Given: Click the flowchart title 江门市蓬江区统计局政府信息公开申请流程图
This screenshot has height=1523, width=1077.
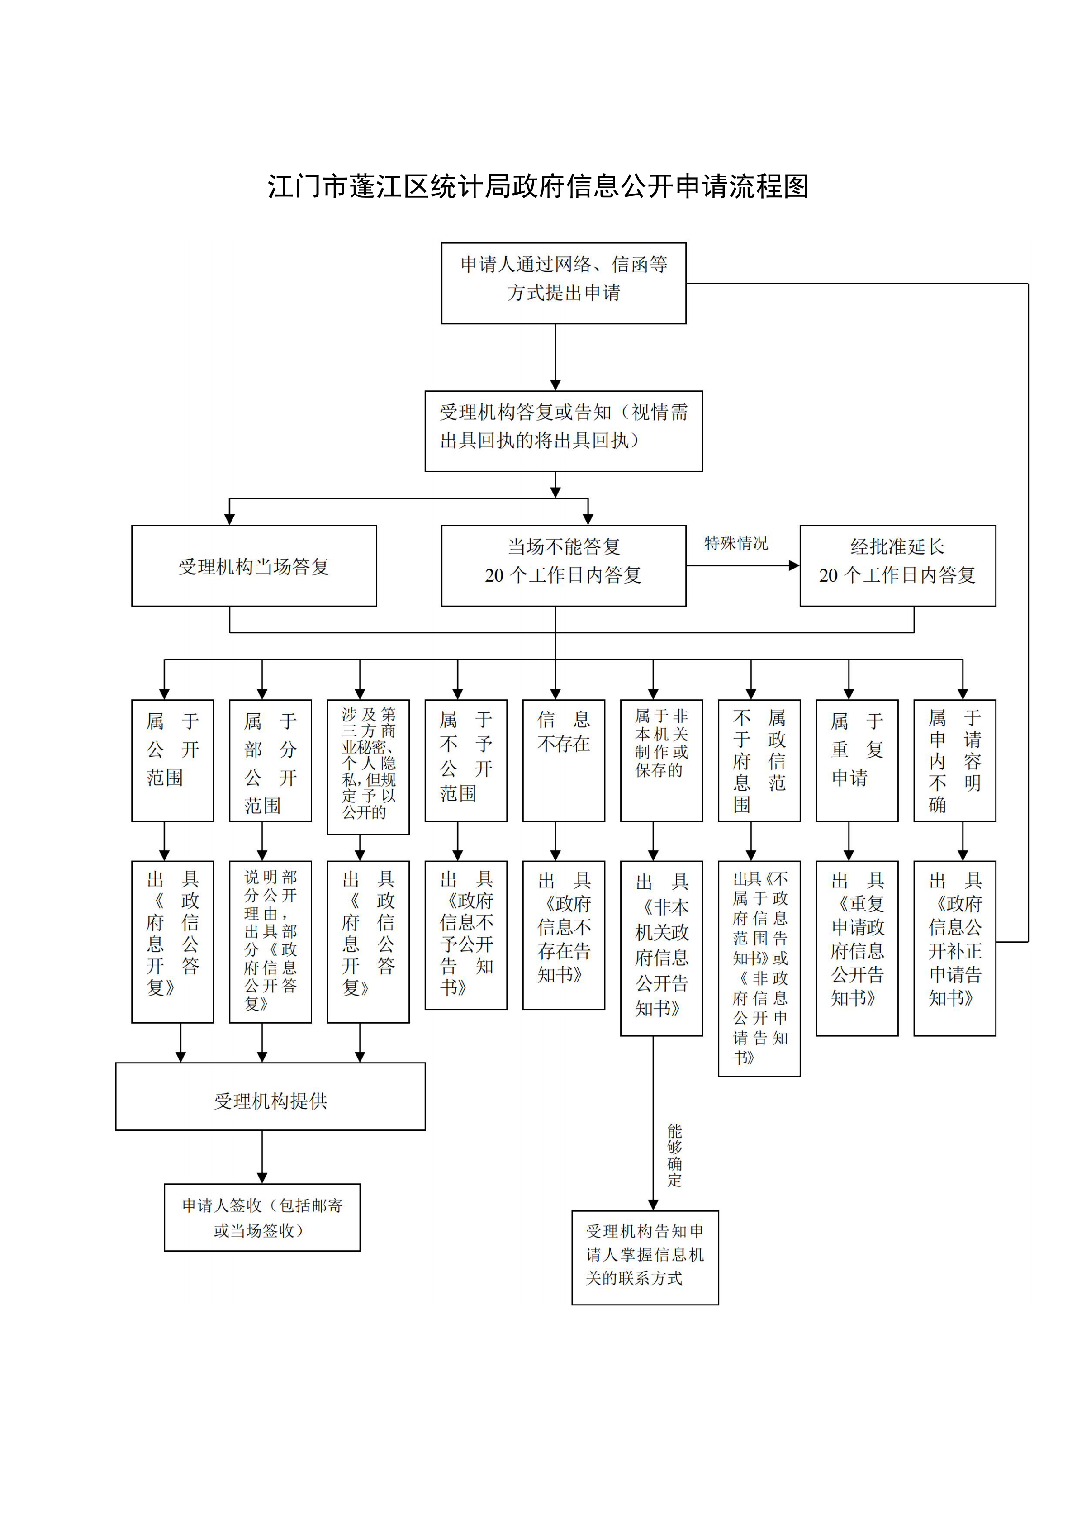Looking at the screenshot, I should [538, 186].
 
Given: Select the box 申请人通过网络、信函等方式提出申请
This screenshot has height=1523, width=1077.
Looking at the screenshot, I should [563, 283].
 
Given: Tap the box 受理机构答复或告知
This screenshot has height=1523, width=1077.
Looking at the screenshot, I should [563, 431].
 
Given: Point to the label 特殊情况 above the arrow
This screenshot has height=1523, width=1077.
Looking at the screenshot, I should [735, 543].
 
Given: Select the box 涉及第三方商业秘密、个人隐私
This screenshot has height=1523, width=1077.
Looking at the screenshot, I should [368, 766].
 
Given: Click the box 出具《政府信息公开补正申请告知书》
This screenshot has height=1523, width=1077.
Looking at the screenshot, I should [954, 948].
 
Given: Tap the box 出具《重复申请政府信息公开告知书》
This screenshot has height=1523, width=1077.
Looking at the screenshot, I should [856, 948].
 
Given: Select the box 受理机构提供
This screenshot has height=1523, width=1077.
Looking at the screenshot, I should [270, 1101].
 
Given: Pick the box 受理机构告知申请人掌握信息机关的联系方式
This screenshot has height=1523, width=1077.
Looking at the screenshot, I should [645, 1257].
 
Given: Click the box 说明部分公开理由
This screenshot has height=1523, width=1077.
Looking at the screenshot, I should [270, 941].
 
